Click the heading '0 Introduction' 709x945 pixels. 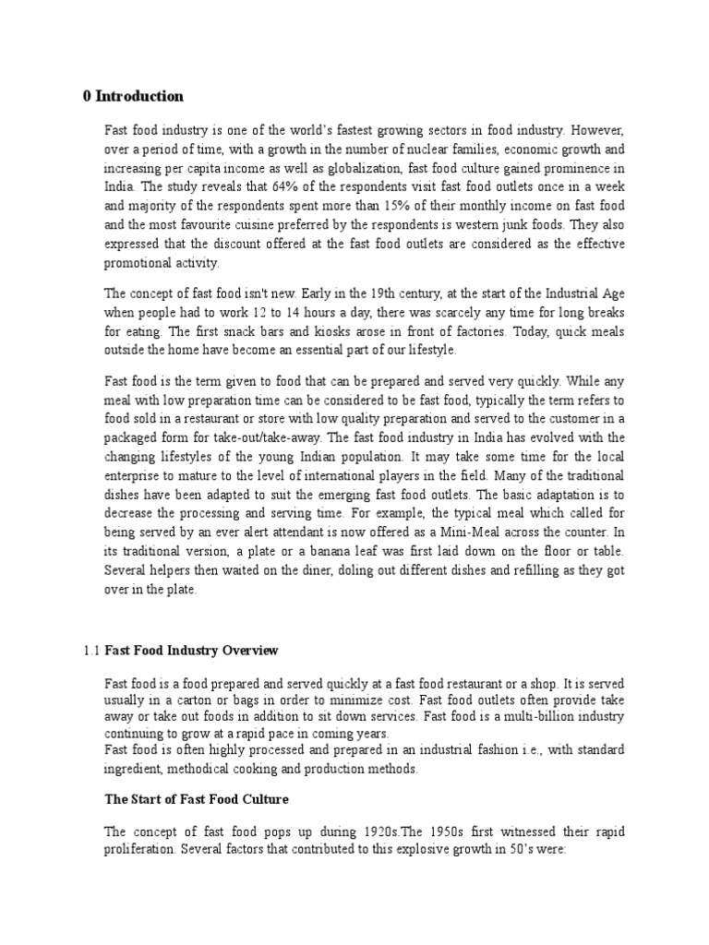[132, 96]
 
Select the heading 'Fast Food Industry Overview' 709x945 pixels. [190, 650]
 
